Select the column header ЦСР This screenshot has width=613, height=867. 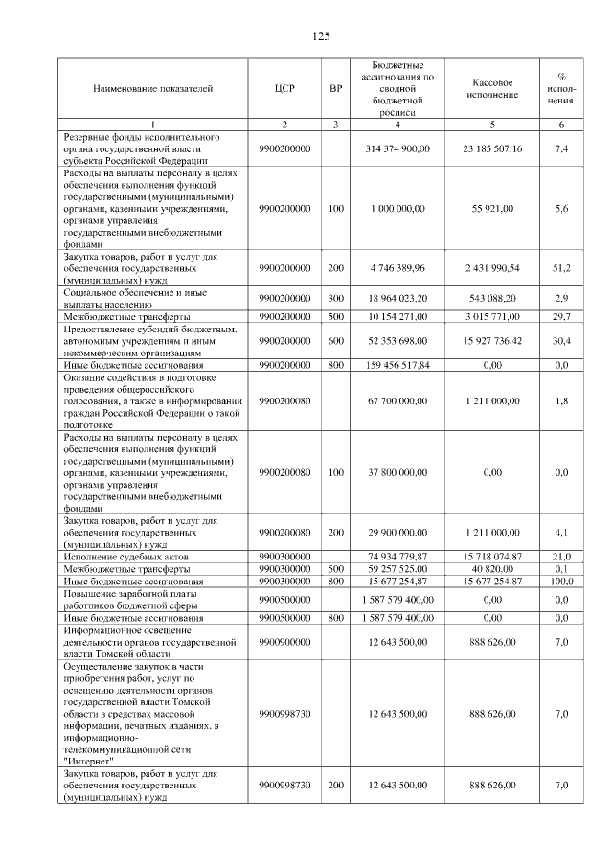(284, 89)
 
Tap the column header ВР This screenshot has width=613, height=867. (335, 89)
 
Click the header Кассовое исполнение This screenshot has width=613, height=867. (493, 89)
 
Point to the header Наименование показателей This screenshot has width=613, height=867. (153, 89)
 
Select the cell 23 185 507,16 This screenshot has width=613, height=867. (493, 149)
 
